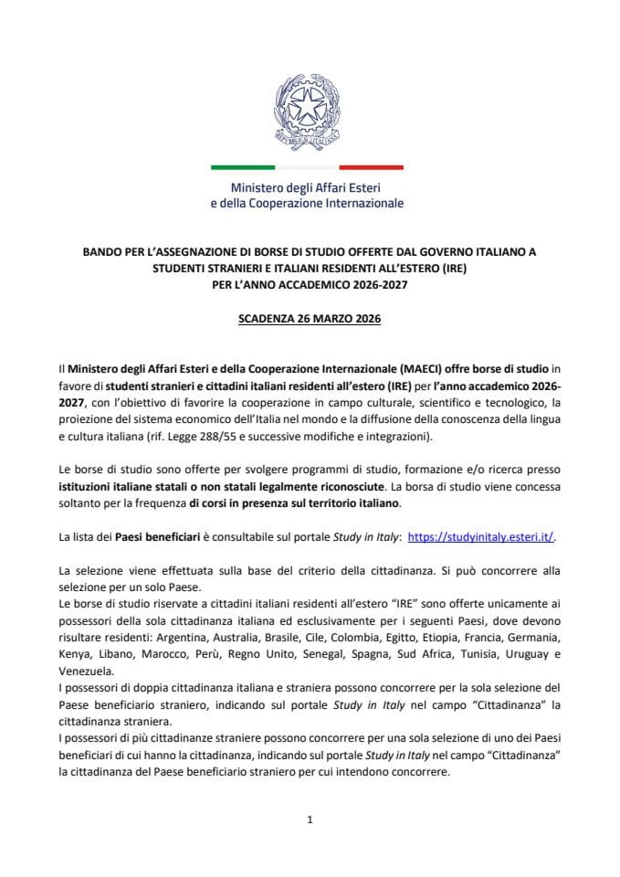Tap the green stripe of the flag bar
243,167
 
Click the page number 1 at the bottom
310,819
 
